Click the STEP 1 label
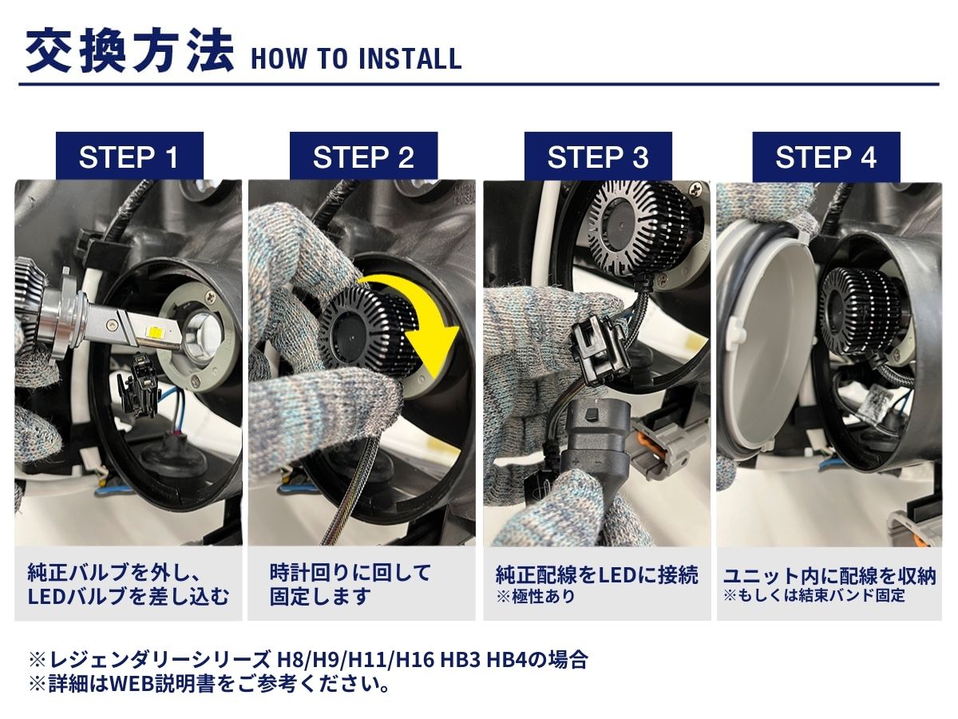click(x=129, y=157)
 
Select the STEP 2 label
click(x=363, y=157)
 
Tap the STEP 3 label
click(x=598, y=157)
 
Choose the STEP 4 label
click(x=825, y=157)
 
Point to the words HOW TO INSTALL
click(x=355, y=58)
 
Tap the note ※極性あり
click(x=535, y=597)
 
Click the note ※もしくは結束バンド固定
click(x=814, y=595)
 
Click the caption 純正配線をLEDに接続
click(x=596, y=574)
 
